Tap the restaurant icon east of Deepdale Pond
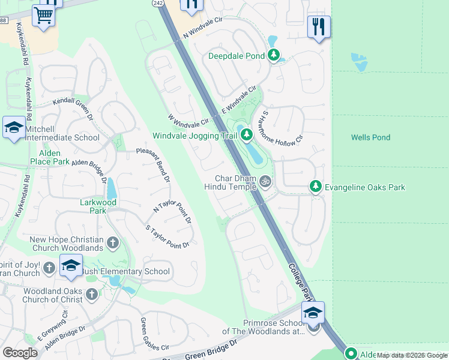(x=319, y=27)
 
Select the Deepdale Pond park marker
(x=275, y=56)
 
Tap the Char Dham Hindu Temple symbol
(x=265, y=180)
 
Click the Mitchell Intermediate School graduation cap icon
(x=14, y=127)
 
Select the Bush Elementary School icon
(x=71, y=266)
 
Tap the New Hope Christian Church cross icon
(x=112, y=243)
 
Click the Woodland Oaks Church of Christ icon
(x=91, y=293)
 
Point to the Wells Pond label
(x=370, y=137)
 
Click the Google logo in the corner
(x=20, y=353)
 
